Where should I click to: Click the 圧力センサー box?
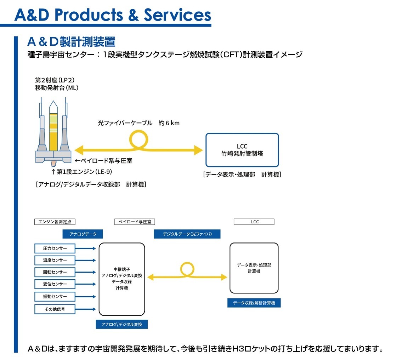pyautogui.click(x=55, y=248)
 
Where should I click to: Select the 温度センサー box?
pyautogui.click(x=55, y=260)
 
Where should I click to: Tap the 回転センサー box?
pyautogui.click(x=55, y=272)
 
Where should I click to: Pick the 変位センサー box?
pyautogui.click(x=55, y=284)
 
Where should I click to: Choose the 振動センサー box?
pyautogui.click(x=55, y=296)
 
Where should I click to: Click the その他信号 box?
pyautogui.click(x=55, y=309)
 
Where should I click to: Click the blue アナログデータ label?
pyautogui.click(x=83, y=234)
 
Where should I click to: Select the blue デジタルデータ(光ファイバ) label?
pyautogui.click(x=187, y=234)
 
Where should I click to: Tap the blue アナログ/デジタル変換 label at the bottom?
pyautogui.click(x=122, y=324)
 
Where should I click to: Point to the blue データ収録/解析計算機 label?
pyautogui.click(x=254, y=303)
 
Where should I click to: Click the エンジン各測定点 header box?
pyautogui.click(x=55, y=222)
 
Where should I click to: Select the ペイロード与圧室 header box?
pyautogui.click(x=135, y=222)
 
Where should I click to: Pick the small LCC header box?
pyautogui.click(x=254, y=222)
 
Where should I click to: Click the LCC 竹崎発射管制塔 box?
pyautogui.click(x=242, y=150)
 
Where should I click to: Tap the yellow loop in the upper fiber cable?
pyautogui.click(x=138, y=132)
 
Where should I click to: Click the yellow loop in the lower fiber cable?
pyautogui.click(x=187, y=263)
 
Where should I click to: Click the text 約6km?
pyautogui.click(x=169, y=123)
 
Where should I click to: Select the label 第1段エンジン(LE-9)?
pyautogui.click(x=82, y=172)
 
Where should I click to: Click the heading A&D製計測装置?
pyautogui.click(x=71, y=42)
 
